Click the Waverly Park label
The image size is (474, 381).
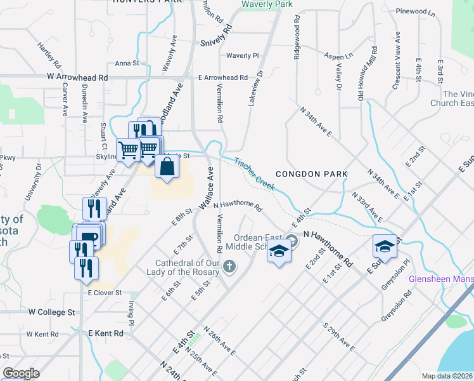(x=267, y=4)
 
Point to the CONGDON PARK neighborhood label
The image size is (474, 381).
(x=311, y=173)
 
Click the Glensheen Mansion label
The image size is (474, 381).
(x=440, y=279)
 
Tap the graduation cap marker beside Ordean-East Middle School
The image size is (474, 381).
(x=278, y=252)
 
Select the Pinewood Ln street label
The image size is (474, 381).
(x=416, y=11)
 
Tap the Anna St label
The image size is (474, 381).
(x=127, y=63)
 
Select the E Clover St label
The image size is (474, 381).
(x=105, y=293)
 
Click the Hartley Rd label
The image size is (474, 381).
(x=48, y=55)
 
